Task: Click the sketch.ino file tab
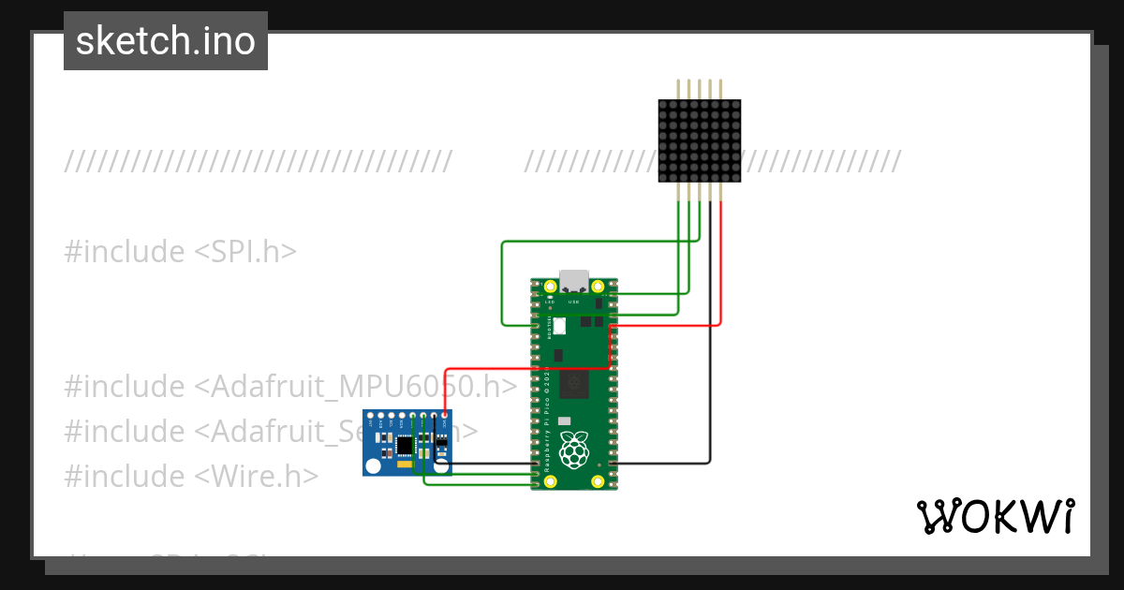pos(166,41)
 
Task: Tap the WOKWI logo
pos(995,516)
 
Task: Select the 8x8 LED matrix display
pos(700,140)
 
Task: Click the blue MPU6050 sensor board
pos(407,443)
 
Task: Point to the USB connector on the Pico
pos(573,281)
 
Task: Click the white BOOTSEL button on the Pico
pos(559,326)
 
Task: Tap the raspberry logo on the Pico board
pos(573,450)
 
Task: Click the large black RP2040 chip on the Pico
pos(573,385)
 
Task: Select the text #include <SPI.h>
pos(181,251)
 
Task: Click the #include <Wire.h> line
pos(191,476)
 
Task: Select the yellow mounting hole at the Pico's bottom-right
pos(598,481)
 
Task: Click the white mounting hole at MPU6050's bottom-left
pos(374,465)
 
